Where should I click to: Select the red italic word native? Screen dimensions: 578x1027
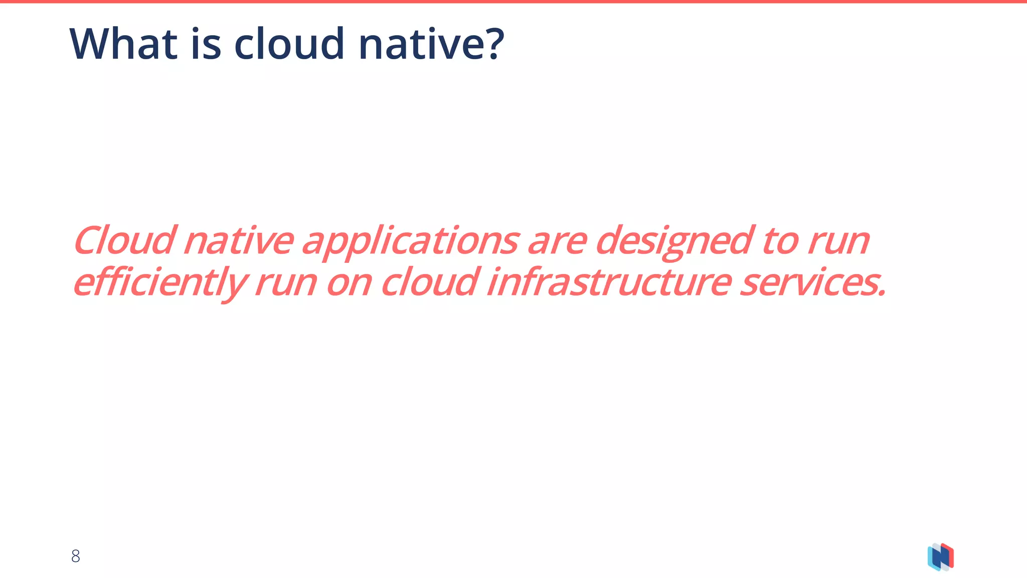238,241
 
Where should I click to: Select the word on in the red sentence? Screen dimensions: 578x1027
349,284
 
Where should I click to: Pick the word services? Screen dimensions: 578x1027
812,283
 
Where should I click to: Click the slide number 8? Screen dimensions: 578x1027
76,556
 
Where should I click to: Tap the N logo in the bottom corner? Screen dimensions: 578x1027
940,557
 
